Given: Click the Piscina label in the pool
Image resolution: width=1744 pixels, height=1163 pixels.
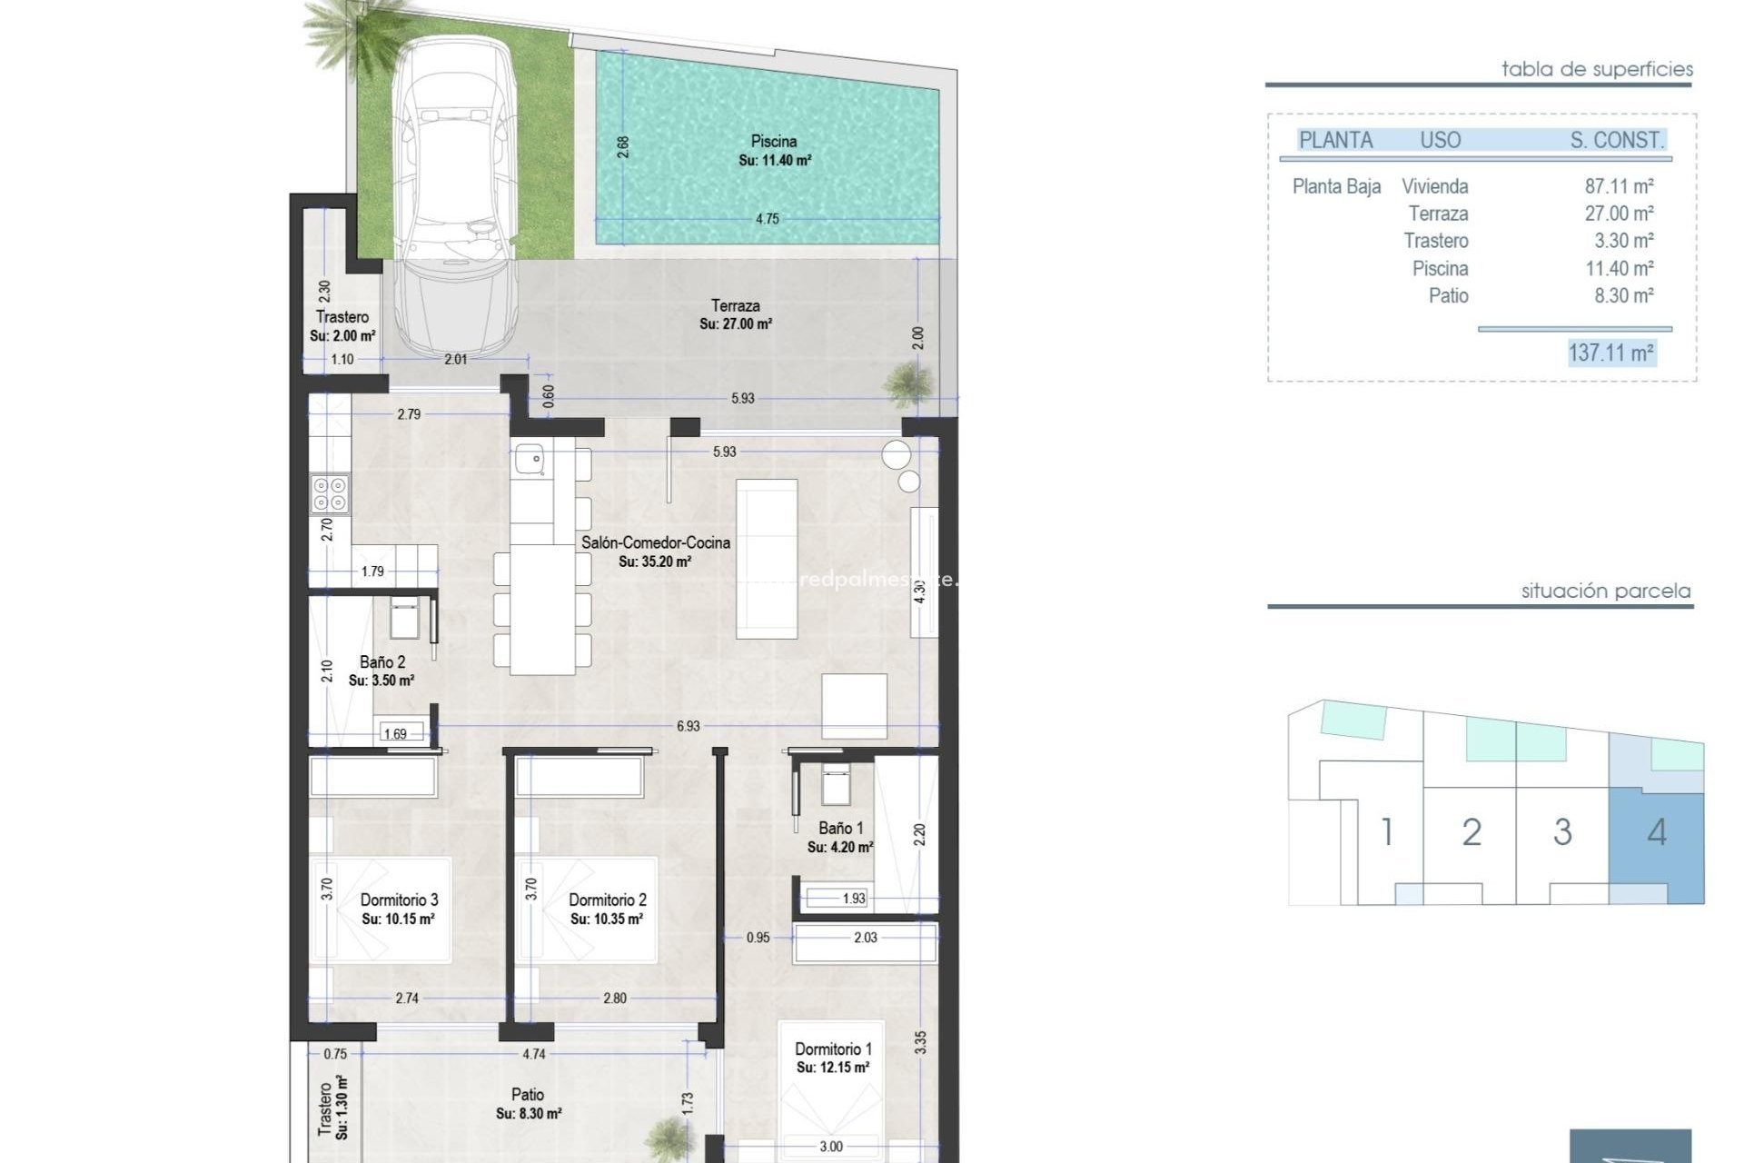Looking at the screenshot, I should point(774,142).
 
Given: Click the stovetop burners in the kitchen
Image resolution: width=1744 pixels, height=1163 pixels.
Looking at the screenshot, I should point(329,493).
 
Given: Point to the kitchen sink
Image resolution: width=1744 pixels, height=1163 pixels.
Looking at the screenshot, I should point(530,459).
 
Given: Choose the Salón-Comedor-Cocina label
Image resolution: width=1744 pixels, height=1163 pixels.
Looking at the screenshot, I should point(655,543).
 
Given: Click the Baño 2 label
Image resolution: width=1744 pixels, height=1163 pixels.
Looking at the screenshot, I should point(382,662).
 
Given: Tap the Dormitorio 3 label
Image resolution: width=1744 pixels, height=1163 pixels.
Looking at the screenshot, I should point(399,900).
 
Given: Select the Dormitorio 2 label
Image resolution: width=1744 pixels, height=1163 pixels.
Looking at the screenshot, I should point(607,900).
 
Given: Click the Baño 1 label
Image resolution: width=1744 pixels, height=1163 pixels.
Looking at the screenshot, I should point(840,829).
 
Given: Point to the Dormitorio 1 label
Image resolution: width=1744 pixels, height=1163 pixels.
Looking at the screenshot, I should point(833,1049).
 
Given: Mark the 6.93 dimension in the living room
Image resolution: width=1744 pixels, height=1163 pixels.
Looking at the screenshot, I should point(688,726).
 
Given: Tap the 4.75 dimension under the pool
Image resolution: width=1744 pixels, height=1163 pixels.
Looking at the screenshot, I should point(768,219).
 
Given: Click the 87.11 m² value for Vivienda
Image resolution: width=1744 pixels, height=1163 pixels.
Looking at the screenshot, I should point(1619,186).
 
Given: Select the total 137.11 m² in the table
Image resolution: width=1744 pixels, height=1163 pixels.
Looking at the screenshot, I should point(1610,353).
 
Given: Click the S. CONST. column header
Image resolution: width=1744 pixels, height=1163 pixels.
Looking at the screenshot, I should point(1617,140).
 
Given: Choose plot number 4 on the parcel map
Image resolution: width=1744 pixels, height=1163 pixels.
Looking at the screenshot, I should point(1656,832).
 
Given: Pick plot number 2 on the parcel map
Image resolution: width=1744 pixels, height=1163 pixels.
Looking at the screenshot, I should point(1471,832).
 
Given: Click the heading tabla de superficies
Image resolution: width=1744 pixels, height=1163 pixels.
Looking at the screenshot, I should point(1597,69).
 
